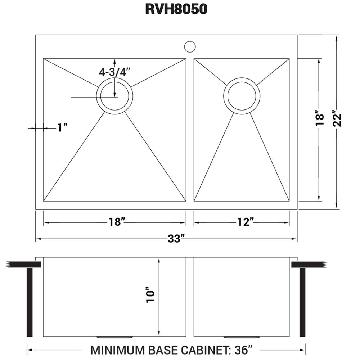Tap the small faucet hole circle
click(190, 46)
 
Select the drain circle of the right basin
click(242, 96)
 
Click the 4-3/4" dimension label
click(115, 72)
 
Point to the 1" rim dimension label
click(63, 127)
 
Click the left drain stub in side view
click(114, 337)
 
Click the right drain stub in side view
click(242, 337)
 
